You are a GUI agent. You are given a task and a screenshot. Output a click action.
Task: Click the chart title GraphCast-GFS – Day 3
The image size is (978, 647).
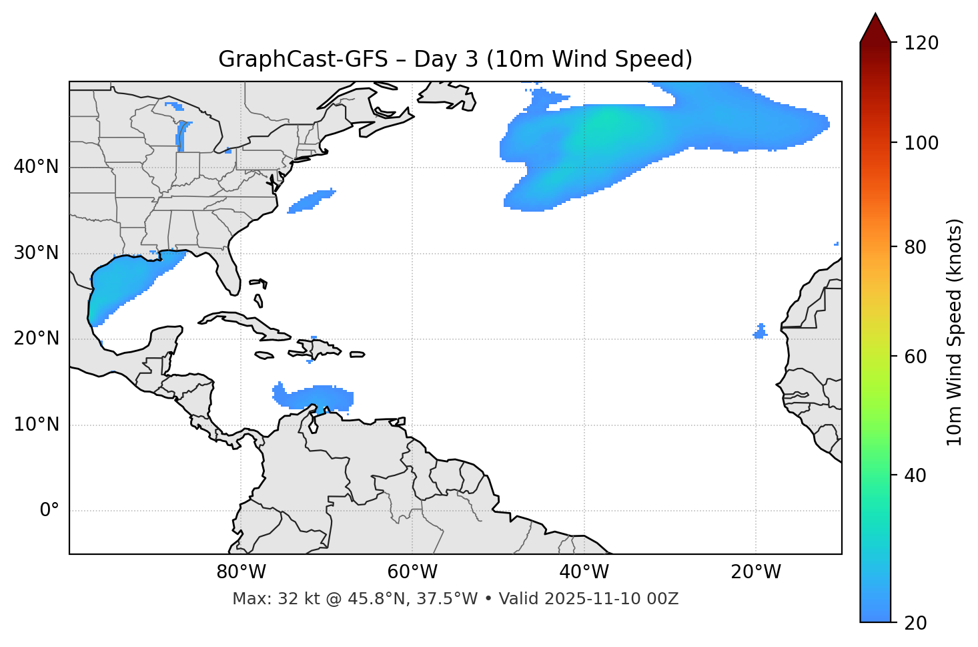point(455,59)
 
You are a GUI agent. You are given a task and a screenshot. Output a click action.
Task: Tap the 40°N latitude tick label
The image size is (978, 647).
point(36,167)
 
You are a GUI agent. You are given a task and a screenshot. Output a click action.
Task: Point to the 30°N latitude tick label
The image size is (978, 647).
point(36,253)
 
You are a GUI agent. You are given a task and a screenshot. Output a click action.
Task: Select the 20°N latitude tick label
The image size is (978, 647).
point(36,339)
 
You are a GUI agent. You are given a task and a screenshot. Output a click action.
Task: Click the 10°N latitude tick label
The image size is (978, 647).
point(36,425)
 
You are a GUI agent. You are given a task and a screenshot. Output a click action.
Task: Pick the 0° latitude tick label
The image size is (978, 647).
point(49,511)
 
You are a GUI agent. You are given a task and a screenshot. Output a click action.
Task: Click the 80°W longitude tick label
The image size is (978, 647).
point(241,572)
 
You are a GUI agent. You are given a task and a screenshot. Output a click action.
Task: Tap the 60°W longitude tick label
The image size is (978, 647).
point(412,572)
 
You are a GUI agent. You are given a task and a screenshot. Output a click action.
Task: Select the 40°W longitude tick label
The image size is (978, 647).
point(584,572)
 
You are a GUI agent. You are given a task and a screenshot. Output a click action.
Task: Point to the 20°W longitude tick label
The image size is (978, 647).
point(755,572)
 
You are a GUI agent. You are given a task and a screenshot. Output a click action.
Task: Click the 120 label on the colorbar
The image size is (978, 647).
point(921,43)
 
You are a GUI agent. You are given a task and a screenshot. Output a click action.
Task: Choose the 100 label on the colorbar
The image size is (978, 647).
point(921,143)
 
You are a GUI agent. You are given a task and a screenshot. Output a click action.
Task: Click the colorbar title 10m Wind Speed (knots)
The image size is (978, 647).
point(955,332)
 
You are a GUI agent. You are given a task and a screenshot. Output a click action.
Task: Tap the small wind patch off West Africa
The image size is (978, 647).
point(760,332)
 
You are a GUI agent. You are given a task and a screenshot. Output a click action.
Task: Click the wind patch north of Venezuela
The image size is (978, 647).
point(314,397)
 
